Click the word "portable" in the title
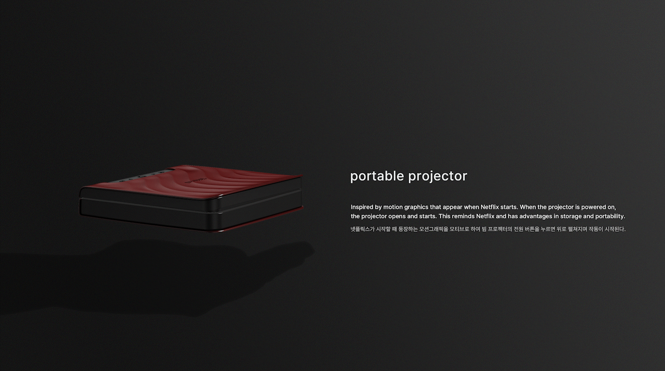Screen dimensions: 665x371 pyautogui.click(x=377, y=176)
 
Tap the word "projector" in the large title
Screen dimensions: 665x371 pyautogui.click(x=438, y=177)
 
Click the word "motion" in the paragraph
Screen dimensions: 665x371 pyautogui.click(x=393, y=207)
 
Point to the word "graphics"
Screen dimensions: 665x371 pyautogui.click(x=416, y=207)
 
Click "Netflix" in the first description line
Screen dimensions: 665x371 pyautogui.click(x=491, y=207)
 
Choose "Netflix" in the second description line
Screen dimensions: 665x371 pyautogui.click(x=486, y=216)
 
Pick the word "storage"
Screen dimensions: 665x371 pyautogui.click(x=571, y=217)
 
